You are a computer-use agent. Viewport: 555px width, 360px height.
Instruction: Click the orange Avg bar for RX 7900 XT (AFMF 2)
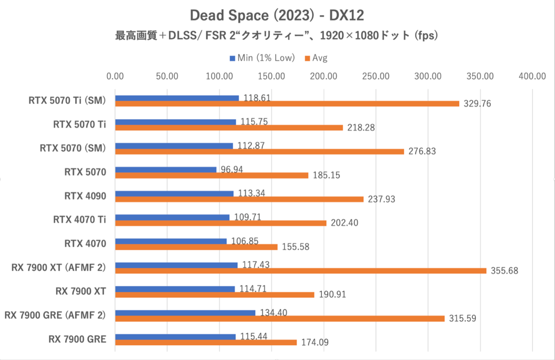301,271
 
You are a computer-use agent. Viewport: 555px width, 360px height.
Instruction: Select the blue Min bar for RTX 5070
166,170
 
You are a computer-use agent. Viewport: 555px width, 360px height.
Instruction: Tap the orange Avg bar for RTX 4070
196,247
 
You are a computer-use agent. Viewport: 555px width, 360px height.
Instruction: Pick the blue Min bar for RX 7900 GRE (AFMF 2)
185,313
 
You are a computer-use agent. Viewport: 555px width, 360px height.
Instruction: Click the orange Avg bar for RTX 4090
239,199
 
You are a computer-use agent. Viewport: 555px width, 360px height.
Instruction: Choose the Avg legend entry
319,58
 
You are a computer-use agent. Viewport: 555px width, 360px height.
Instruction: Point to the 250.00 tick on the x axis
376,76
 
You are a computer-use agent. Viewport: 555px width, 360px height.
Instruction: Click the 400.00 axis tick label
532,76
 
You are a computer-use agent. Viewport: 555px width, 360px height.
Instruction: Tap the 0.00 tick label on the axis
115,76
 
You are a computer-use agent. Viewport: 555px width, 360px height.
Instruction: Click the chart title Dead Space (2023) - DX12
277,15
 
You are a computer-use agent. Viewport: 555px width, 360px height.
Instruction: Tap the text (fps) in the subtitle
425,36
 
